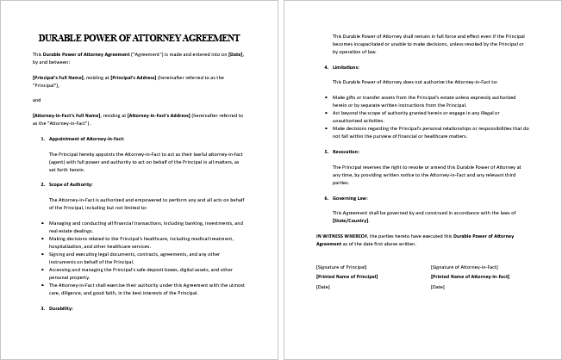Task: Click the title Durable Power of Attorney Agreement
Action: coord(140,38)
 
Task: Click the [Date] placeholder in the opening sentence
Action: coord(234,54)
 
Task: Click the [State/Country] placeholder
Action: coord(354,220)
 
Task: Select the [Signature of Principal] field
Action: coord(341,267)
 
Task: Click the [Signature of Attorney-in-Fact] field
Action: coord(466,267)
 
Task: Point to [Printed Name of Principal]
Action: coord(347,276)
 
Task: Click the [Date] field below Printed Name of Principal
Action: coord(323,286)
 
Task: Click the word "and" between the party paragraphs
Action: coord(35,99)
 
